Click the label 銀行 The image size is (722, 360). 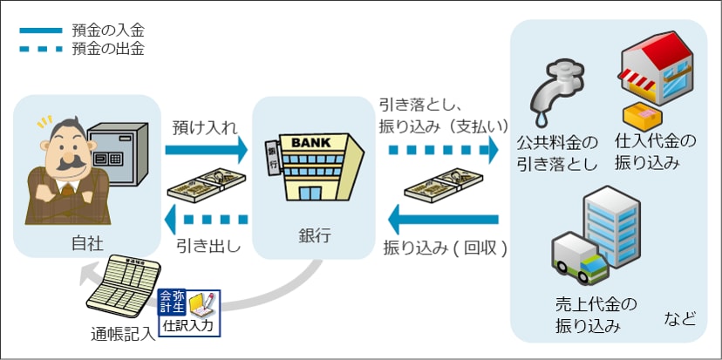[x=314, y=236]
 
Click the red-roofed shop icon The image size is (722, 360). [x=655, y=66]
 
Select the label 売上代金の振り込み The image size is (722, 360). [x=596, y=316]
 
